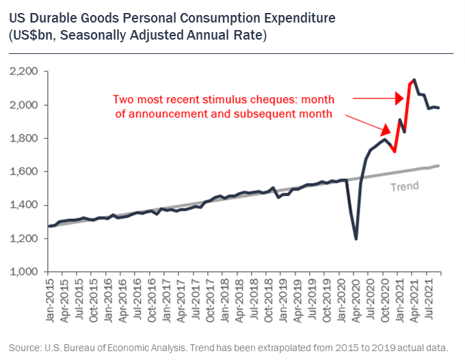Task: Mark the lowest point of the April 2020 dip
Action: pyautogui.click(x=356, y=238)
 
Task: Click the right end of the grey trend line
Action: pyautogui.click(x=438, y=166)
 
